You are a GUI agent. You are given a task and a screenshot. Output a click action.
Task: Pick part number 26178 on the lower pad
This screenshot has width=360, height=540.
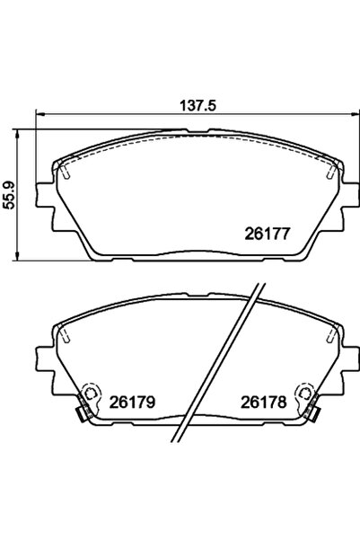[x=263, y=403]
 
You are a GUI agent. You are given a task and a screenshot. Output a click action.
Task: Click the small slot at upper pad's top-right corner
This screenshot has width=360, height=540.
[x=332, y=169]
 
